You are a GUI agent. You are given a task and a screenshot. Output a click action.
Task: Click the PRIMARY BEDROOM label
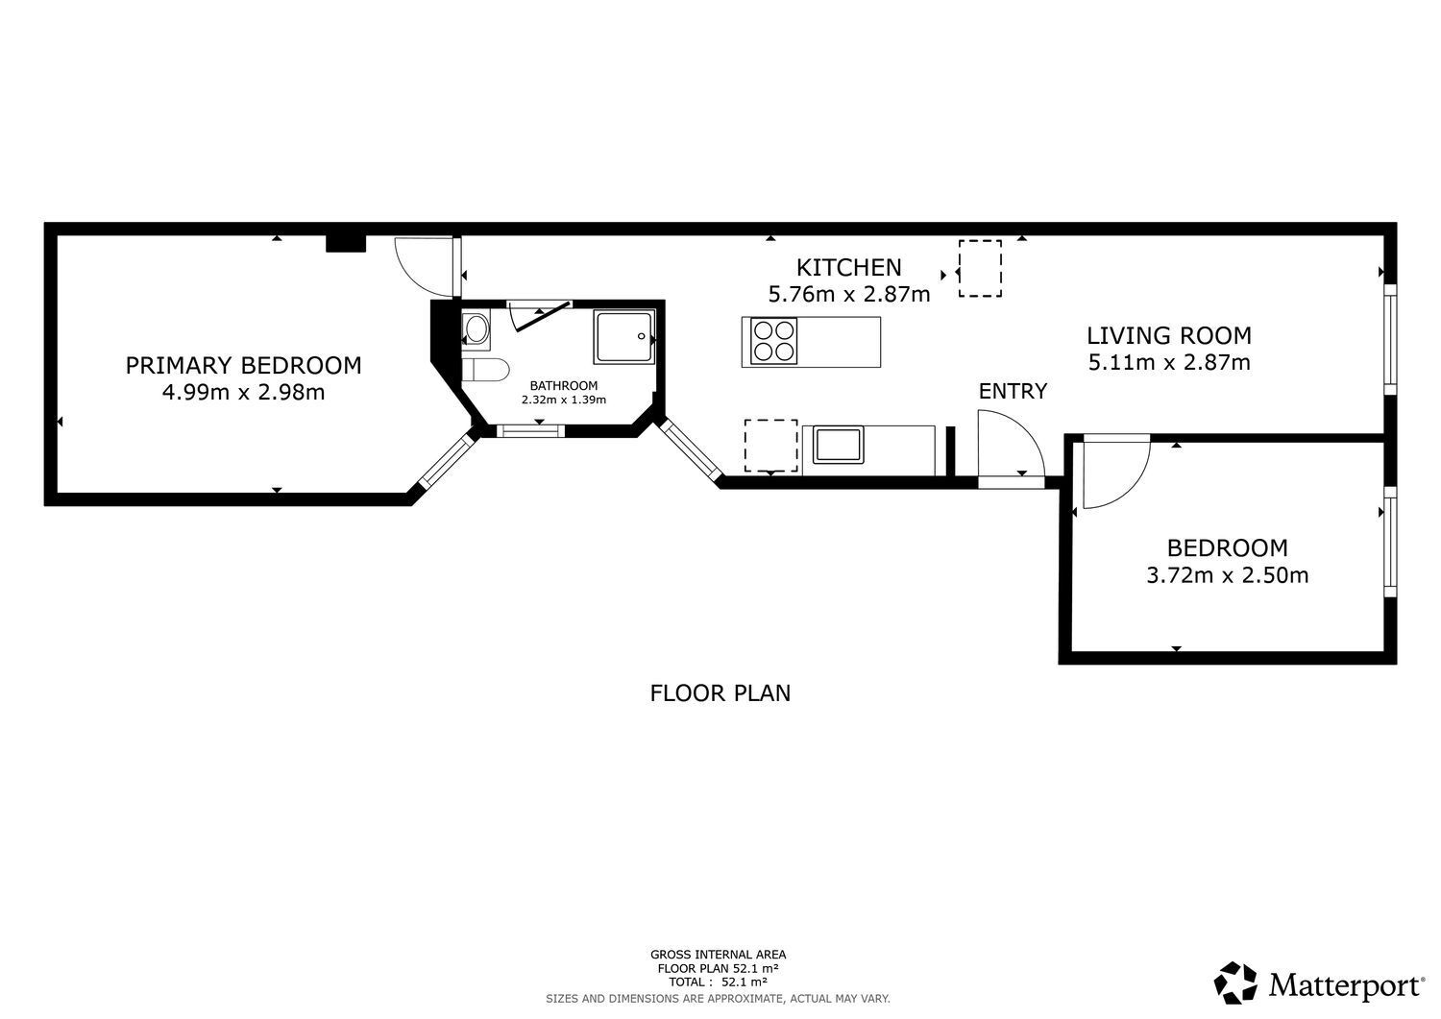coord(243,365)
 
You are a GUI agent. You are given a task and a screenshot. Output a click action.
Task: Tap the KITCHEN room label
coord(848,267)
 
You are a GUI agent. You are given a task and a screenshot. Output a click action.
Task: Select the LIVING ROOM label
coord(1169,335)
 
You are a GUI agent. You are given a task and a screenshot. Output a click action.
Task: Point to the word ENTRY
coord(1013,391)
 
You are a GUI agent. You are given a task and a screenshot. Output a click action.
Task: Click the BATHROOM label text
coord(564,385)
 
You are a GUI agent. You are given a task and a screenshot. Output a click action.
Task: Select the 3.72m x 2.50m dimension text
coord(1228,574)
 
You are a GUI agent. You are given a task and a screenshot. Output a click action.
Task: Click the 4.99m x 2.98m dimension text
coord(243,392)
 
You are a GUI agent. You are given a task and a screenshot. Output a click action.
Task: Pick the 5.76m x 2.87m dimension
coord(849,294)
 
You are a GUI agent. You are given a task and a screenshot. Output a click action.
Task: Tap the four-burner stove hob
coord(774,341)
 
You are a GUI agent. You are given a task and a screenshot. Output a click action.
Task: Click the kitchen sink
coord(838,445)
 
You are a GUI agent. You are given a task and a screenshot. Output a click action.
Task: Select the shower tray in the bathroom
coord(624,337)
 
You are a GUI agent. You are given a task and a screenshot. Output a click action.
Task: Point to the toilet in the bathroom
coord(486,370)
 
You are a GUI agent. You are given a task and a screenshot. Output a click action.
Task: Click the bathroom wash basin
coord(476,329)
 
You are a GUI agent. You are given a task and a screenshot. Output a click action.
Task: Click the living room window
coord(1389,339)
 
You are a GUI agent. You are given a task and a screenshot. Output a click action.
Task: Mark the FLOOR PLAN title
coord(720,692)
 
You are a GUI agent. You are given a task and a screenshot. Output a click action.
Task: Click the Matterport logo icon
coord(1235,983)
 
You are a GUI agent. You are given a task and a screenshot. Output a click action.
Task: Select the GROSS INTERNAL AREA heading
coord(718,955)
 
